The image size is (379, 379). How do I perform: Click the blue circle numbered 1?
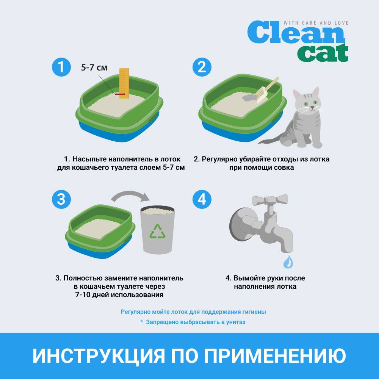coord(61,67)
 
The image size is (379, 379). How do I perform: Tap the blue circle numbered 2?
coord(202,67)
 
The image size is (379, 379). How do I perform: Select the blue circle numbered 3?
coord(61,199)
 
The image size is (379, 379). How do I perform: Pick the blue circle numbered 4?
coord(202,199)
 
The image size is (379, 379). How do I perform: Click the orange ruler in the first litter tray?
coord(124,83)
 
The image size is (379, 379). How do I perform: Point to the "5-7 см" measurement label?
coord(94,68)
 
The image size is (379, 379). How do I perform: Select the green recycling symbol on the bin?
coord(158,232)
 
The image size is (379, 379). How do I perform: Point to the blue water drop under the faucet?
coord(288,262)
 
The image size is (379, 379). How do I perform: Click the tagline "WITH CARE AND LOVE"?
coord(316,23)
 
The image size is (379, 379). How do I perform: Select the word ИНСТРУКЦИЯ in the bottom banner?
coord(99,356)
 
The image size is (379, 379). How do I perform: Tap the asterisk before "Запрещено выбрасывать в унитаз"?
coord(142,321)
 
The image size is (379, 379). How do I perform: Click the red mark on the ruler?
coord(120,94)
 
